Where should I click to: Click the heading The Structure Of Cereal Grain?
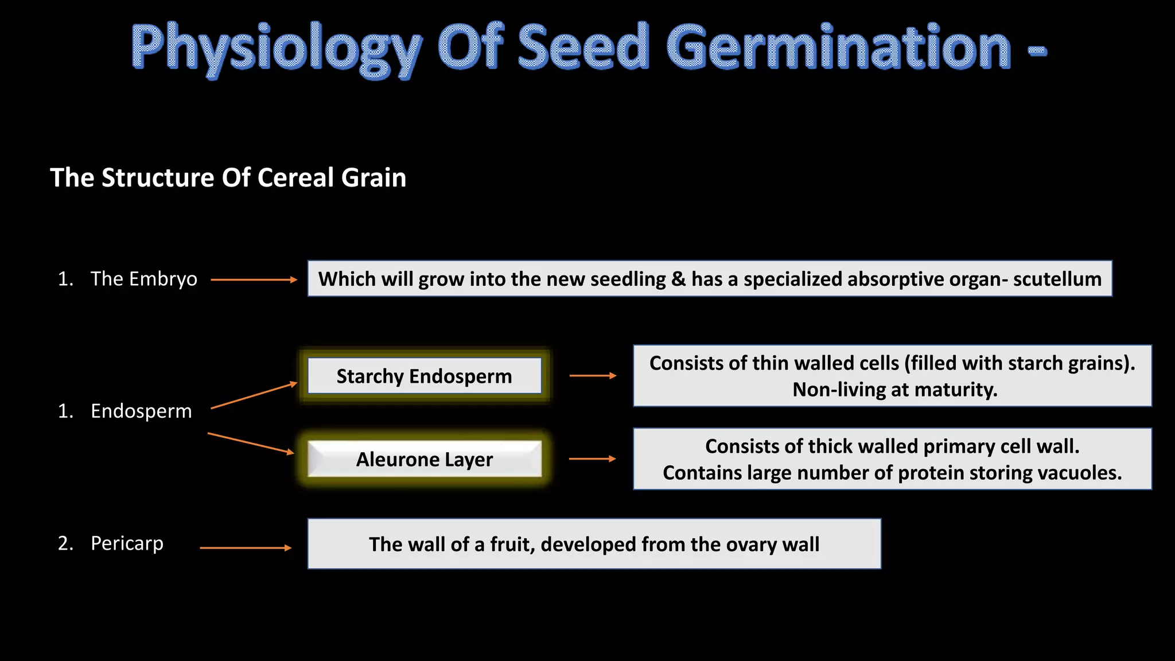coord(228,178)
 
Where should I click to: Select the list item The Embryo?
coord(143,279)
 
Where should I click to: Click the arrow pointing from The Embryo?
coord(254,280)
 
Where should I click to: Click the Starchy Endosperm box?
coord(424,376)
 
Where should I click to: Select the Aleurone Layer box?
coord(424,460)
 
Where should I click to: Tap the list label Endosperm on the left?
coord(141,411)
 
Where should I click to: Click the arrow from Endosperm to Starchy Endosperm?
coord(254,395)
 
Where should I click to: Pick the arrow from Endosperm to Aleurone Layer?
coord(251,444)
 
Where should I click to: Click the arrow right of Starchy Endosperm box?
coord(593,376)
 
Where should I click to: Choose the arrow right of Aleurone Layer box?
coord(592,459)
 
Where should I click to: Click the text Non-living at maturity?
coord(894,390)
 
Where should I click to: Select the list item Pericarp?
coord(127,543)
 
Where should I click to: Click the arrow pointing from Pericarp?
coord(246,548)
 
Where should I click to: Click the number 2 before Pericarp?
coord(64,543)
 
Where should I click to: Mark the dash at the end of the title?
coord(1037,52)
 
